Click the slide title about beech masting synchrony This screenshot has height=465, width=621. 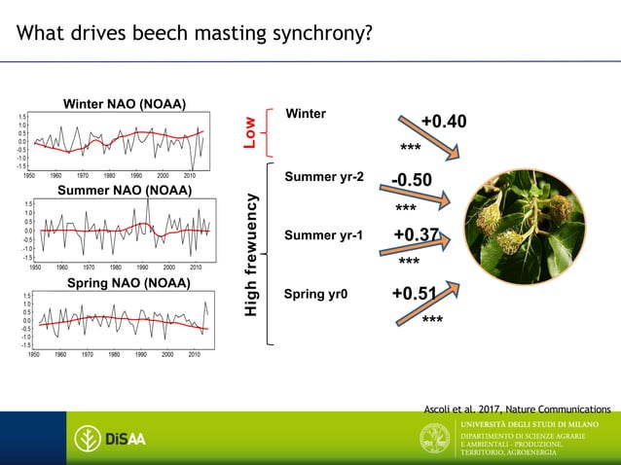click(x=195, y=35)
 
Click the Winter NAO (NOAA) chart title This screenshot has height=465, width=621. click(x=125, y=104)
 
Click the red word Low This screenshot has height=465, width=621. click(x=250, y=133)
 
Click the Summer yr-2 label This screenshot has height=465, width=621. click(x=324, y=177)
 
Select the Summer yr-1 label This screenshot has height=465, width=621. click(x=323, y=235)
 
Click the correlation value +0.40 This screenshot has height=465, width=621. click(x=443, y=122)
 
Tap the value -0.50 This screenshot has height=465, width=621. click(x=413, y=182)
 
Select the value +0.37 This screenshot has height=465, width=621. click(x=417, y=236)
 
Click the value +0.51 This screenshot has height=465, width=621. click(x=414, y=295)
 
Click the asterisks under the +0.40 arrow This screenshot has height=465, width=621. click(x=410, y=148)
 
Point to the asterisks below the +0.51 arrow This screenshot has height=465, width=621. click(x=433, y=319)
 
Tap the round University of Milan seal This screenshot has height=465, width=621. click(x=434, y=440)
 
